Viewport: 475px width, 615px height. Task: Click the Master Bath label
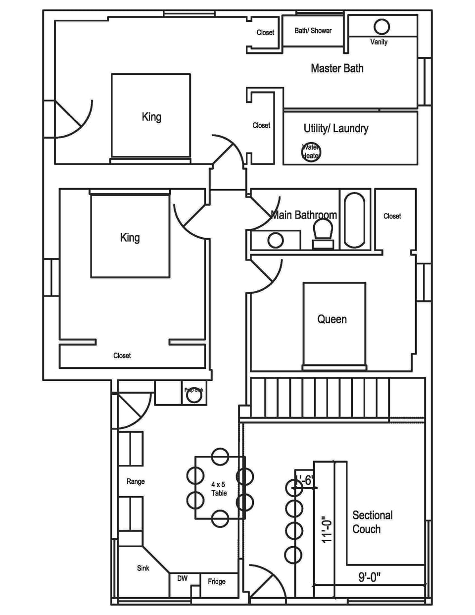pos(337,68)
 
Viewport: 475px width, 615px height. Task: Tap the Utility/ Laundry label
pos(336,129)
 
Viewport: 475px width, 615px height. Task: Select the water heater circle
pos(311,152)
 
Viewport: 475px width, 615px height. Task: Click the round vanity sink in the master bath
pos(381,26)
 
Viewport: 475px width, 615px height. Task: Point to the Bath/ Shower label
pos(313,31)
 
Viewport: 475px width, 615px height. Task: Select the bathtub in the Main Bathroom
pos(354,220)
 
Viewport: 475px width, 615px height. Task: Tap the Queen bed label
pos(332,319)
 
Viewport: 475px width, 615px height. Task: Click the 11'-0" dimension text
pos(327,529)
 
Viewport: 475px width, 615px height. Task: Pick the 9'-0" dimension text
pos(369,577)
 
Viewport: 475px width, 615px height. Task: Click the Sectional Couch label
pos(372,522)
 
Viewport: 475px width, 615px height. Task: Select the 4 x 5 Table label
pos(219,489)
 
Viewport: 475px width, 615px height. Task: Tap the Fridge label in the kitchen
pos(217,581)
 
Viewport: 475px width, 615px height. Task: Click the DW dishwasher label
pos(182,578)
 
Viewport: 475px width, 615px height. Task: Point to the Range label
pos(136,481)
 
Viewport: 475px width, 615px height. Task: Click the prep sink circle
pos(194,395)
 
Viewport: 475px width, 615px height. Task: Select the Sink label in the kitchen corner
pos(143,568)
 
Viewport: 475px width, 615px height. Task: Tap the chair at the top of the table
pos(220,457)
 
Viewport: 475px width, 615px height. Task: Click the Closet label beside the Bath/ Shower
pos(265,33)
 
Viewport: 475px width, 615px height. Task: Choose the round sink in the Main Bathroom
pos(276,241)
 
